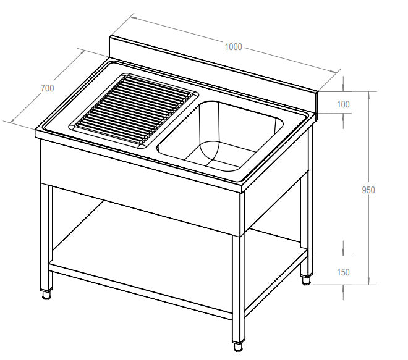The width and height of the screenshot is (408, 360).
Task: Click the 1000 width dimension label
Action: [x=234, y=47]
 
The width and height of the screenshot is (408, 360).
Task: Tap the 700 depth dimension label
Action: [x=48, y=88]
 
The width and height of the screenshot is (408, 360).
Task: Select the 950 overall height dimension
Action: [x=368, y=190]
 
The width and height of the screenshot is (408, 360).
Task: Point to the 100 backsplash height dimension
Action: [x=343, y=104]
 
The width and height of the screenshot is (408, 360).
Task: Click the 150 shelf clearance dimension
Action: [x=343, y=272]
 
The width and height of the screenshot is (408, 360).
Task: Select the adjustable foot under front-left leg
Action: [x=46, y=295]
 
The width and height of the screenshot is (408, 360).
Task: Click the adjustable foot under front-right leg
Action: [x=238, y=347]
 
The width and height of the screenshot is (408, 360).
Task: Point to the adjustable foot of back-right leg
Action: [x=306, y=281]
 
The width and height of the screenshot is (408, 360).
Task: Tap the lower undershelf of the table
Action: [x=179, y=262]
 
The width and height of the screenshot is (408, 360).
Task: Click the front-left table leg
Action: [x=46, y=237]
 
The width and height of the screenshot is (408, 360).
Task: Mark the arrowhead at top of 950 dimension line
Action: [x=368, y=95]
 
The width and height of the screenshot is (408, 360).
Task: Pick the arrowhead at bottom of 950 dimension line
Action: [x=368, y=281]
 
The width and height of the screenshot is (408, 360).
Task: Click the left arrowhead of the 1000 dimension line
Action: [x=134, y=18]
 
